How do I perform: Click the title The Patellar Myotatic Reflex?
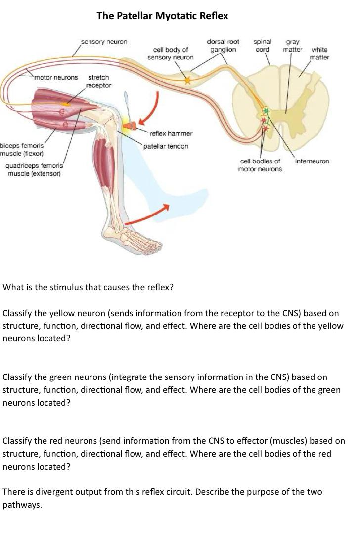[162, 16]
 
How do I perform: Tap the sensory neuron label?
[104, 42]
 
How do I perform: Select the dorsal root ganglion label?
[223, 46]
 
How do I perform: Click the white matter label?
[319, 54]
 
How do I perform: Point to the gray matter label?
[293, 46]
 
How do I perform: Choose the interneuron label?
[312, 161]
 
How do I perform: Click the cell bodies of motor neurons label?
[260, 165]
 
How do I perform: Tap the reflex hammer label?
[171, 134]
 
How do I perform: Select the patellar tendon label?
[166, 146]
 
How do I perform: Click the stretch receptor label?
[98, 82]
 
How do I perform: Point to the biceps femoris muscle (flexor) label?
[22, 149]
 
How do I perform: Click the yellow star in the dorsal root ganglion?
[187, 80]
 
